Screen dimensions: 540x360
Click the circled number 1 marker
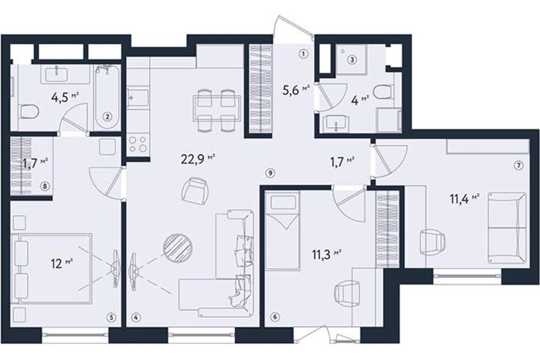point(303,54)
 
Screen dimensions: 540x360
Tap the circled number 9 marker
point(270,173)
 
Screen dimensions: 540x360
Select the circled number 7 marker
point(518,165)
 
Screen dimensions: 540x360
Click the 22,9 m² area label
point(198,158)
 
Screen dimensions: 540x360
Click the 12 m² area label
point(62,264)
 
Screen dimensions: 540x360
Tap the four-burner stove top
point(138,144)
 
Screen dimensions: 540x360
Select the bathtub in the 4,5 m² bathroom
point(107,97)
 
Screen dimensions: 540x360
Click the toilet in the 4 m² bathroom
point(385,92)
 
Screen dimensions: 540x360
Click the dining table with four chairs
point(216,110)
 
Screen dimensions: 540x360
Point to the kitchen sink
point(138,98)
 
